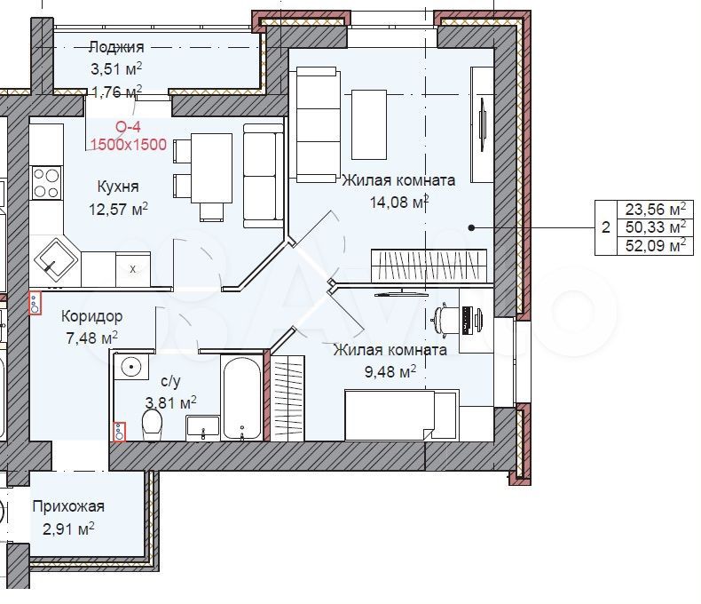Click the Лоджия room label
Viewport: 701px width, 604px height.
116,47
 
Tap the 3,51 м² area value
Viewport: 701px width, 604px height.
116,69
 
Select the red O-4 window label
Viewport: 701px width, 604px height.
129,127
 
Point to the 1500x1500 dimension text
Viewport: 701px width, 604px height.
129,145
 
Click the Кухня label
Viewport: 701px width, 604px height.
118,187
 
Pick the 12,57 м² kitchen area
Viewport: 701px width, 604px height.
119,209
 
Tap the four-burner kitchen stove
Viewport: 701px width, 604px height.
46,183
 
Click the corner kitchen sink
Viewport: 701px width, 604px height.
55,258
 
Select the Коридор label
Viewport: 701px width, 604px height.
91,316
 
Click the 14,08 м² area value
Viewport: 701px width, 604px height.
399,203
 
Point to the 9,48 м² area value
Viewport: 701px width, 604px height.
390,371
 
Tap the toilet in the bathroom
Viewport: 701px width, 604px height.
152,425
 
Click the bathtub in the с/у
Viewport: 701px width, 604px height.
242,397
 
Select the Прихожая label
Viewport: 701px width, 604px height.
68,507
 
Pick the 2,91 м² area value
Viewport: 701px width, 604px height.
68,529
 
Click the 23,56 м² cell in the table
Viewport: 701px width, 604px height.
656,209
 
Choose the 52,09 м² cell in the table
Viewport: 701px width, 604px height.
656,246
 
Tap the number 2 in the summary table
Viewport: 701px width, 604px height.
606,227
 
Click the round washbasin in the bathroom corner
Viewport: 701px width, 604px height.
131,368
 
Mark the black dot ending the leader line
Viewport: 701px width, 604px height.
471,227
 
